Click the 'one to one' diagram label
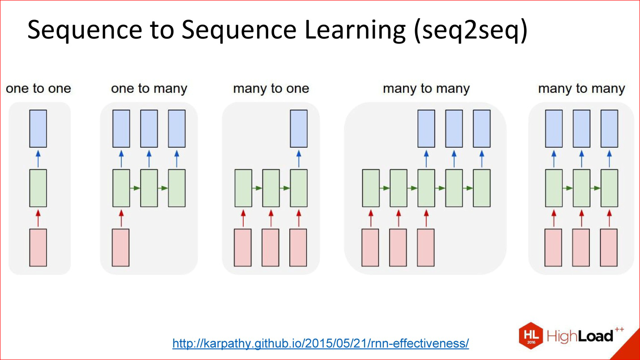coord(38,88)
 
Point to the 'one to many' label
coord(149,89)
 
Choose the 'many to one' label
coord(271,89)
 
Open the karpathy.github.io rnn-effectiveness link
coord(321,343)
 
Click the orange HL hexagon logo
coord(531,335)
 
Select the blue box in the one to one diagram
coord(38,129)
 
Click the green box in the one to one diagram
coord(38,188)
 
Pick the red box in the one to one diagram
coord(38,248)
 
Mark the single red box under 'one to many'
coord(120,248)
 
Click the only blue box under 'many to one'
coord(299,129)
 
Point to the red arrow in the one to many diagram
coord(121,218)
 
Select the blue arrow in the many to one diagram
coord(299,159)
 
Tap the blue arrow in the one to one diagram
coord(38,159)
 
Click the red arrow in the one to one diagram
coord(38,218)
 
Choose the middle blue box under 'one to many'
coord(149,129)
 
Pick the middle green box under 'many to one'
coord(271,188)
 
